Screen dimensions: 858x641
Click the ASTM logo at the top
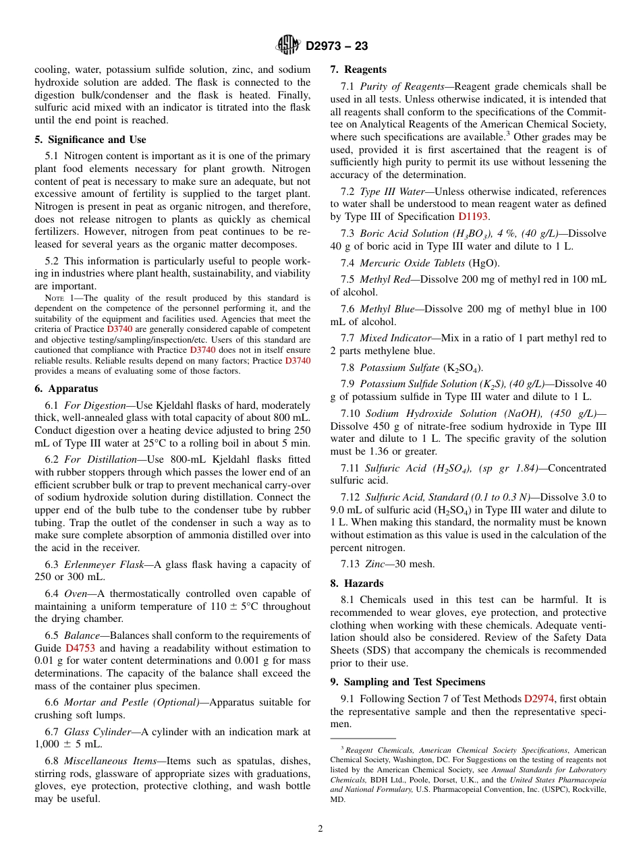288,45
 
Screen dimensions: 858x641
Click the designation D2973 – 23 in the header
337,46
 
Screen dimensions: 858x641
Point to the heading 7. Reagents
358,69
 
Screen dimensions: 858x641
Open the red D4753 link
80,648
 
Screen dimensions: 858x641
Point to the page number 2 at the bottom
320,829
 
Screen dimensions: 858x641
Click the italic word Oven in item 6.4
76,594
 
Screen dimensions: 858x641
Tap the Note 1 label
58,297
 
